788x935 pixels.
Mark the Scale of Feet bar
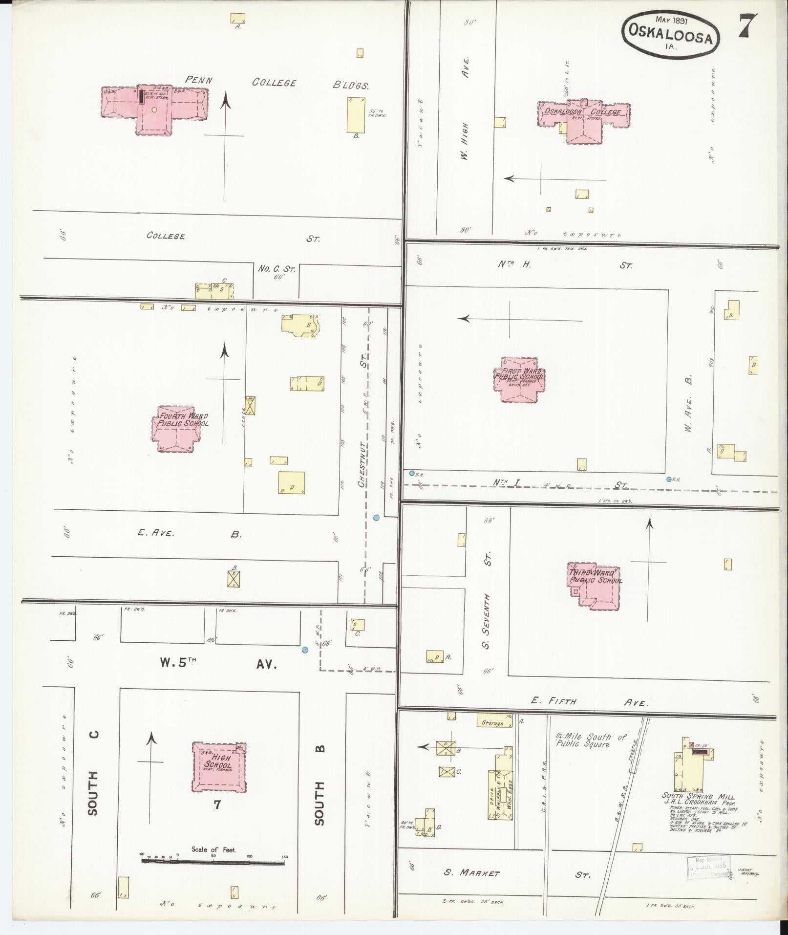pos(213,862)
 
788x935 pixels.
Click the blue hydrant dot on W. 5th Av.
pos(305,650)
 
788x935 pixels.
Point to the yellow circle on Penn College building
pos(154,110)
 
